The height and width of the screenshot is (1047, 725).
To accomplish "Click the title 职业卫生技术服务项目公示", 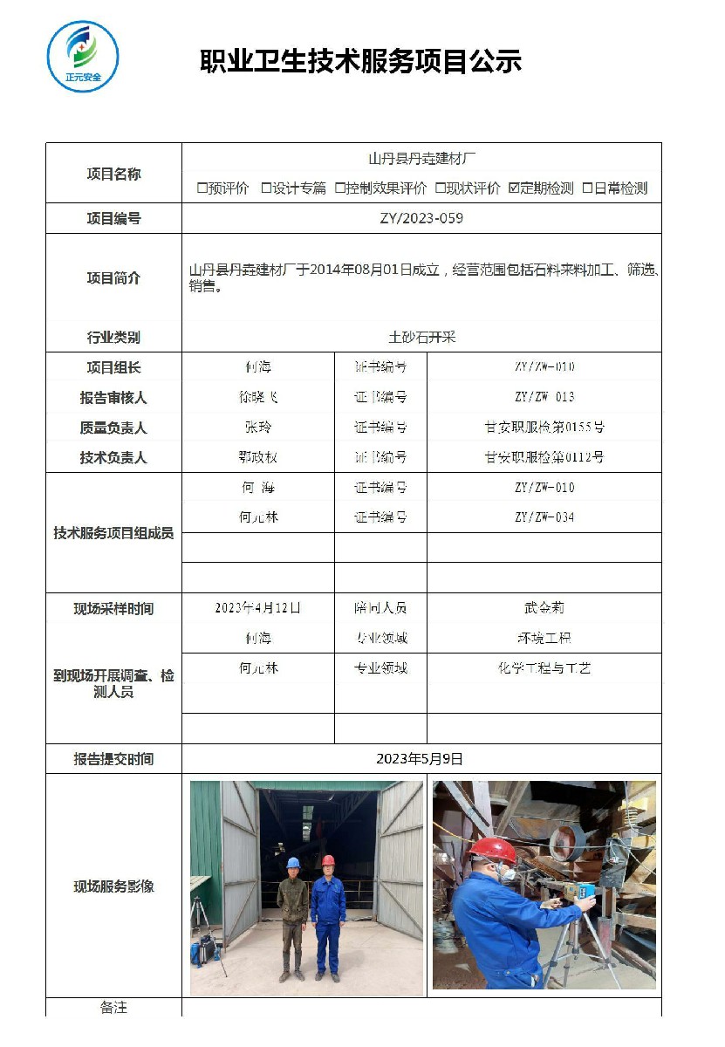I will pos(361,61).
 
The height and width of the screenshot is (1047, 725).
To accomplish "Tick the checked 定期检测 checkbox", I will pos(515,188).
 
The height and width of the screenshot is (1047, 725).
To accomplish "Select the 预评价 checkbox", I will pos(202,188).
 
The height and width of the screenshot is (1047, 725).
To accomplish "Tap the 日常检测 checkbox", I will pos(588,188).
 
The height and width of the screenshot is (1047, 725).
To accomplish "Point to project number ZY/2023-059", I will pos(421,218).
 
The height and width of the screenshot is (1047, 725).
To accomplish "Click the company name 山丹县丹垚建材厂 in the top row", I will pos(421,159).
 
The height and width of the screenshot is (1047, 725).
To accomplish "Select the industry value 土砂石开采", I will pos(421,337).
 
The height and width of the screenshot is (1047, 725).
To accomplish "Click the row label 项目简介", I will pos(113,278).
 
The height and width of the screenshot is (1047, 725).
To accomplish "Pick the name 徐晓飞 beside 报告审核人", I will pos(258,397).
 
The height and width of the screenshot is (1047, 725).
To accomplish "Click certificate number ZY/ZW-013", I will pos(544,397).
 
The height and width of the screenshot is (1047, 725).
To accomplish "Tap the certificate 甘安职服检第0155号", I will pos(544,428).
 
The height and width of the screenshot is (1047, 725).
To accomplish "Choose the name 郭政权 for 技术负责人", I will pos(258,457).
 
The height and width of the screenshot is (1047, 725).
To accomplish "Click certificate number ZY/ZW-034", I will pos(544,517).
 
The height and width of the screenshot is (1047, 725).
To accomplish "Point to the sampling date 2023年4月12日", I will pos(258,608).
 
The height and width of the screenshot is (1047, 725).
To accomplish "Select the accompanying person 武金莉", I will pos(544,608).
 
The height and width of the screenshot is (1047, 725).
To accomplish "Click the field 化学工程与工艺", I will pos(544,668).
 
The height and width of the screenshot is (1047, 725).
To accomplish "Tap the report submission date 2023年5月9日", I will pos(421,759).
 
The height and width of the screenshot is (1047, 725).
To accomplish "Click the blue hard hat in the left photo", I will pos(293,863).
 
